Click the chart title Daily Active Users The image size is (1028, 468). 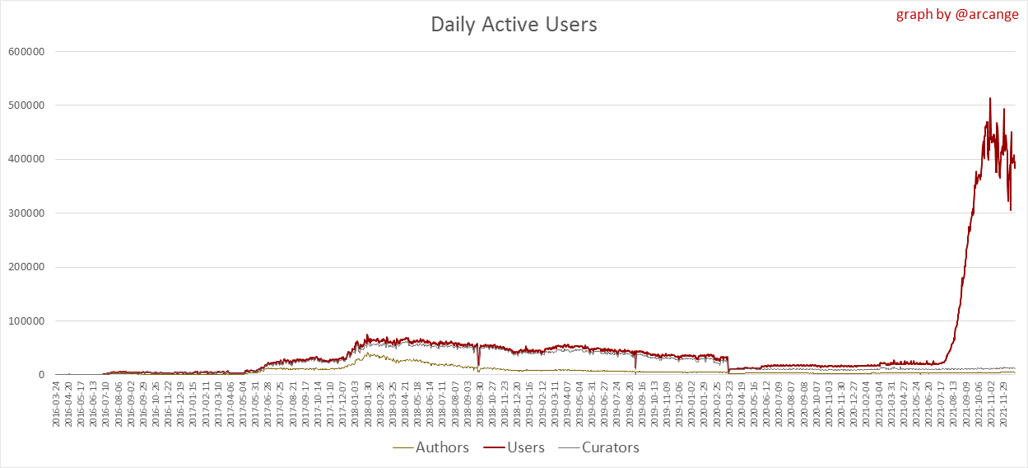514,25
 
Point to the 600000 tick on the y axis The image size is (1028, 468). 26,51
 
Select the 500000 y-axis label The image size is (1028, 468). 26,105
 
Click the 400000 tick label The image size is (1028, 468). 26,159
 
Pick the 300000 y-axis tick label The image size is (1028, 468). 26,213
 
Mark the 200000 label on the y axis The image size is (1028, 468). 26,267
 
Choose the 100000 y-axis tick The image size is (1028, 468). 26,321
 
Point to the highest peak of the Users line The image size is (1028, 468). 990,98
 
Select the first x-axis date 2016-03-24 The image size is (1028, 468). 57,404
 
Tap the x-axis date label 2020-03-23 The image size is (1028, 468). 730,404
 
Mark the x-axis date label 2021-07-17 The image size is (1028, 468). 942,404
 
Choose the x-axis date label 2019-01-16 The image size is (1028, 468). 531,404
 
